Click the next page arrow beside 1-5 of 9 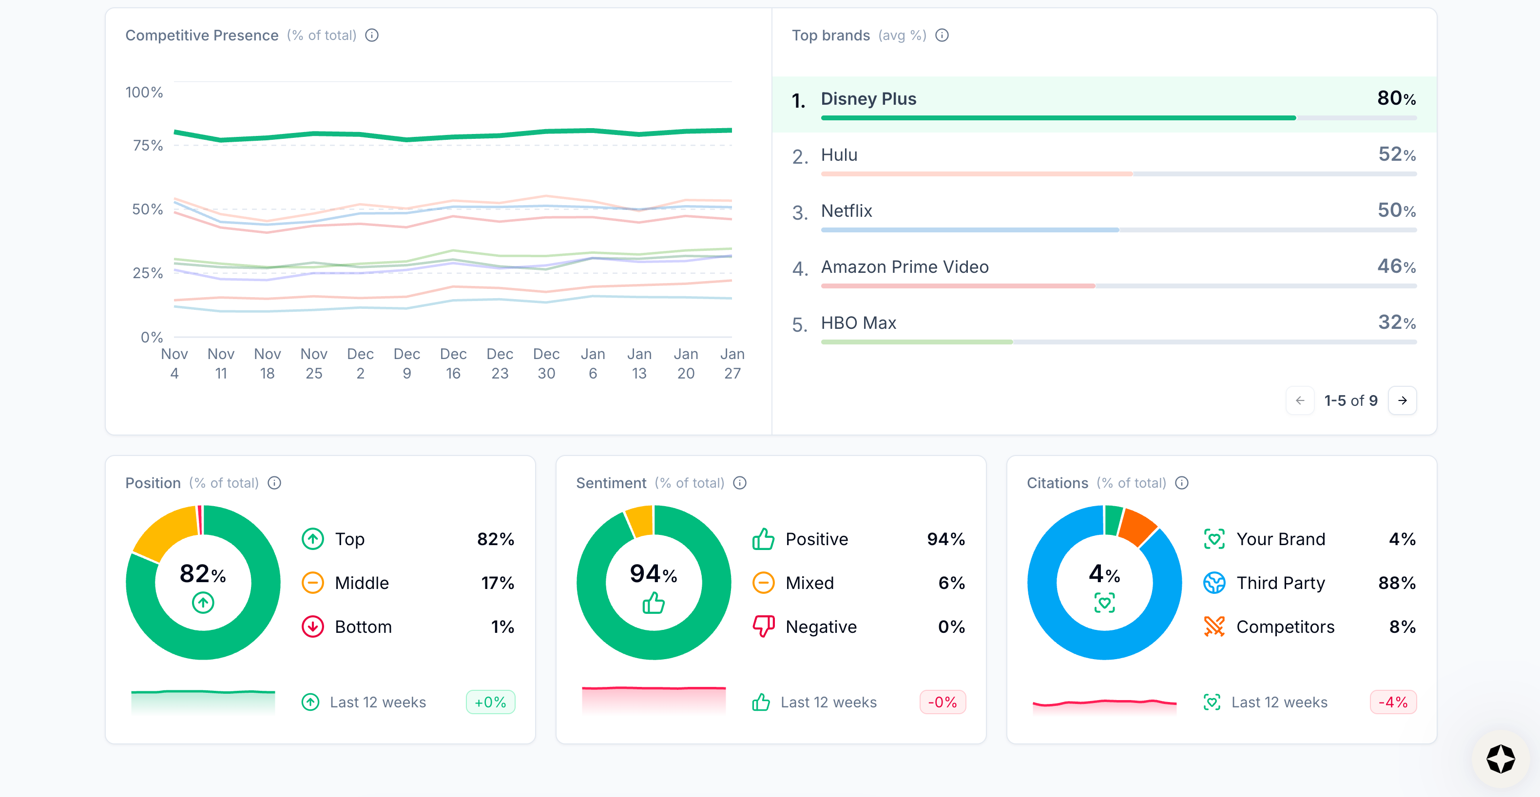[1402, 400]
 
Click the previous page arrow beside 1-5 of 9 [1300, 400]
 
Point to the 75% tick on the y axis [147, 145]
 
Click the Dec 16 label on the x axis [453, 363]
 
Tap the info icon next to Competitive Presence [372, 35]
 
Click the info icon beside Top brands [942, 35]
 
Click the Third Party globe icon [1213, 583]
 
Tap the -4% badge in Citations [1392, 702]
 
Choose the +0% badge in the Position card [490, 702]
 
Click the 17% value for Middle [498, 583]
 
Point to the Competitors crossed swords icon [1213, 626]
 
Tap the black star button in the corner [1500, 759]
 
